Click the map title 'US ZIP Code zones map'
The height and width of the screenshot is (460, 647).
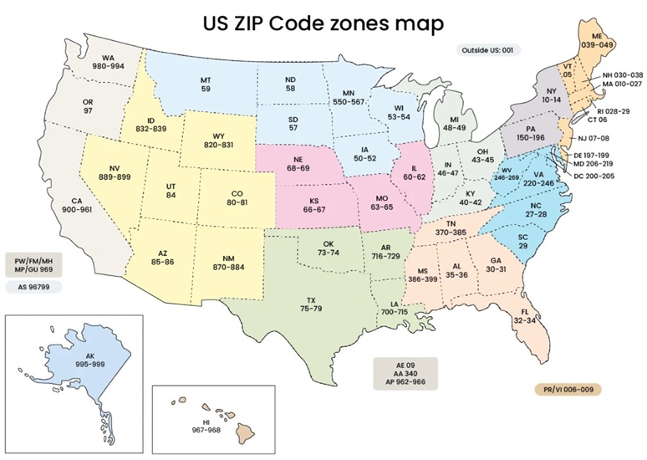[x=323, y=23]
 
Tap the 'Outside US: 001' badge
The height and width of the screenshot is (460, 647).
[x=488, y=50]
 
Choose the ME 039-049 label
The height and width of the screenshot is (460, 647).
[x=598, y=39]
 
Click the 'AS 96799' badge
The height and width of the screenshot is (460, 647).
[x=34, y=287]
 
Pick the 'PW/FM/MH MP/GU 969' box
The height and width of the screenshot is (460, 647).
[x=34, y=263]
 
